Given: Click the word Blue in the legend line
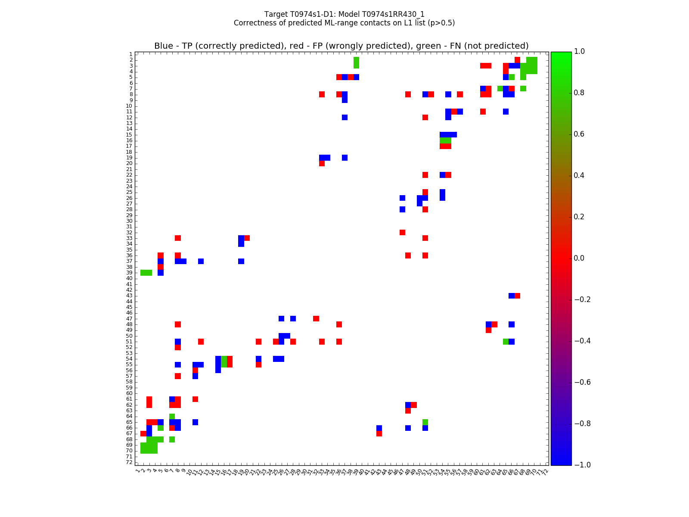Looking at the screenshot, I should coord(164,46).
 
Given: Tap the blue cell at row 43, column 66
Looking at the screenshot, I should coord(512,296).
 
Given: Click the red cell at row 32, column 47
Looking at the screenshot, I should coord(402,232).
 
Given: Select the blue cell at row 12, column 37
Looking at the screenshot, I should coord(345,117).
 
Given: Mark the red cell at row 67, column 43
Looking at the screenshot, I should coord(379,433).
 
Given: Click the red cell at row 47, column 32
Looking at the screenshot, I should coord(316,318).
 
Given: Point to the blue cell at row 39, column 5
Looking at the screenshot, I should coord(161,273).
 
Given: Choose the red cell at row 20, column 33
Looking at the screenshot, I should coord(322,163).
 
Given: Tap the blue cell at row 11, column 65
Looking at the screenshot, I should coord(506,112).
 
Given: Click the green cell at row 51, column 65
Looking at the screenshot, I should coord(506,342).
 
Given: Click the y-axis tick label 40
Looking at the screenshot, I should coord(129,278).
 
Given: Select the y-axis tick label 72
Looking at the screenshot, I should coord(129,462).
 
